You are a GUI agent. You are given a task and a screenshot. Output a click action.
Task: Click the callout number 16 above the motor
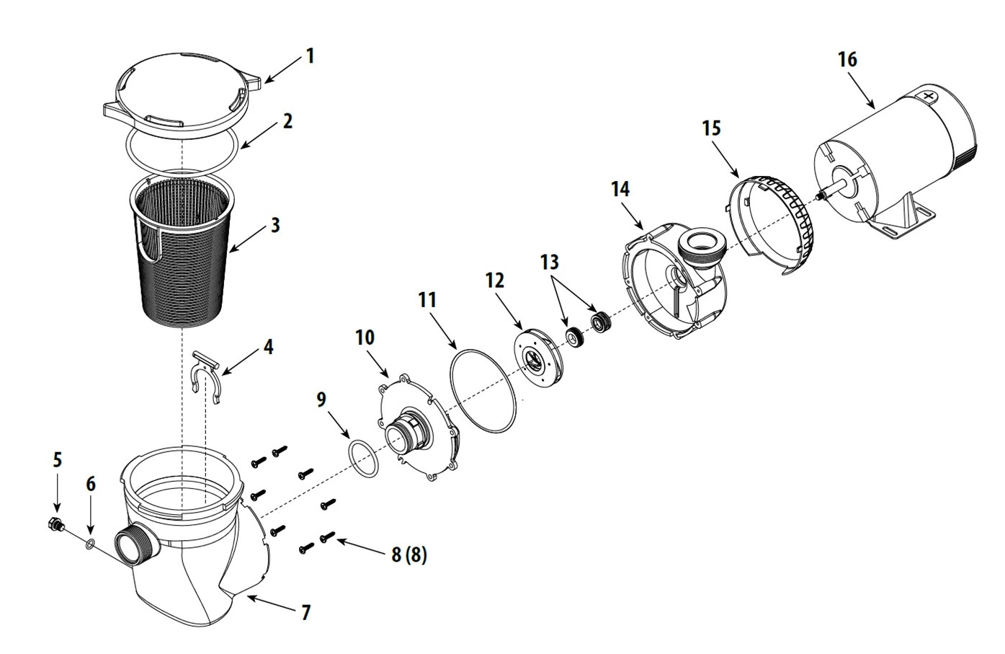point(847,59)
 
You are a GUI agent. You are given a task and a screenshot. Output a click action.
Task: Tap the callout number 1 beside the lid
point(310,56)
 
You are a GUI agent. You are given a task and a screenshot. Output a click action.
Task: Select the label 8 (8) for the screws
point(408,554)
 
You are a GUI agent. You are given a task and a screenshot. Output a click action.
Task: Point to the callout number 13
point(550,262)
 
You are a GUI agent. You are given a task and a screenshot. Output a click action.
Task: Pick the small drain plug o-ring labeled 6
point(90,545)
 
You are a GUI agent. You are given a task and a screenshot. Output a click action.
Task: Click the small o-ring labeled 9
point(363,459)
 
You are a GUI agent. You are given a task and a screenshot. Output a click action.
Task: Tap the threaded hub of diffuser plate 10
point(405,434)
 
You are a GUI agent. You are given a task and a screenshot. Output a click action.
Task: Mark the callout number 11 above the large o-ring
point(426,300)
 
